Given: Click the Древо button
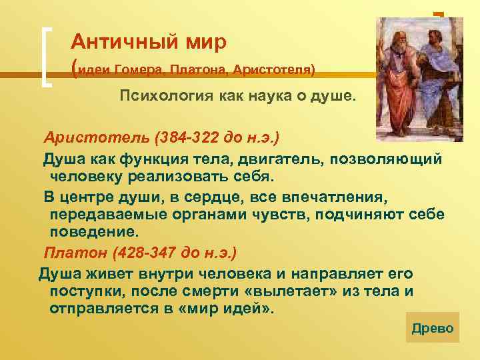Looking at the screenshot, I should pos(433,328).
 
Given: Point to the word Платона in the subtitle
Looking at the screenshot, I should pos(197,69).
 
